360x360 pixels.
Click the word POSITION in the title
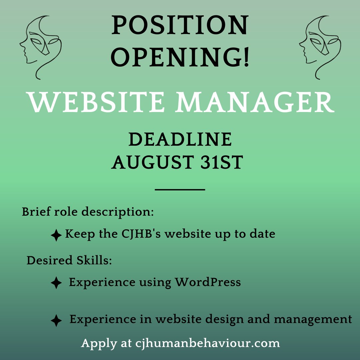tap(180, 27)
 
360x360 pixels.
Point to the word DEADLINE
tap(180, 140)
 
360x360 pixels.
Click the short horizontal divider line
tap(180, 190)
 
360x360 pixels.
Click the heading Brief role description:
tap(88, 212)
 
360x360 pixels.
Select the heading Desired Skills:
tap(69, 261)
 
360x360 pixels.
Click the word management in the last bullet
tap(313, 319)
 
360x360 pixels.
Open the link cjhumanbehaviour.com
tap(207, 343)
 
